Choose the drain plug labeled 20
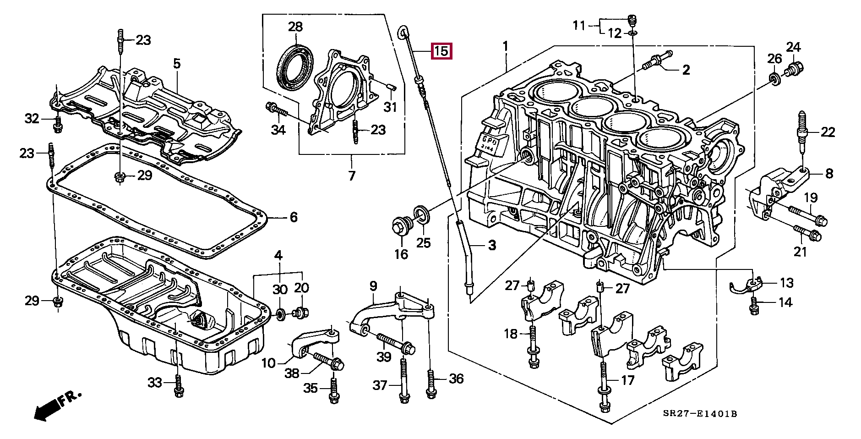[301, 313]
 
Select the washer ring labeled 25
[422, 215]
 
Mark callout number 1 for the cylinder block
[506, 46]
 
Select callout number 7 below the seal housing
[351, 176]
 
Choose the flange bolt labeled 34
[276, 110]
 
